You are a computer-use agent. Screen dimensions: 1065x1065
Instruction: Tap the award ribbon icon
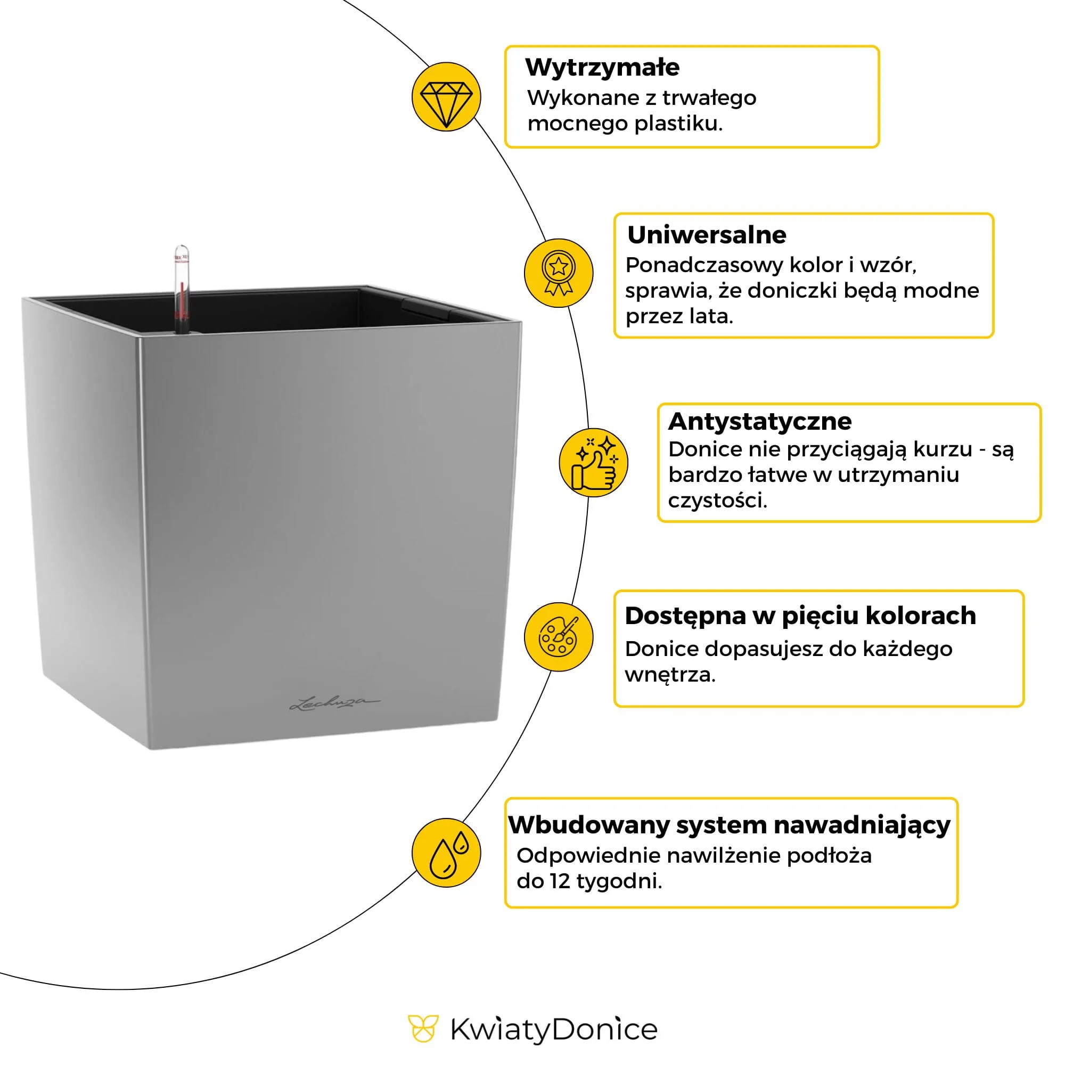point(558,273)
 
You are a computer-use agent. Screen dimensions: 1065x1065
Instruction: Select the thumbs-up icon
point(593,463)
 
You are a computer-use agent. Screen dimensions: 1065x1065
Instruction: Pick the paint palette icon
point(558,637)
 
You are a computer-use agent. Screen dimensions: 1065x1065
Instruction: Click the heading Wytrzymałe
point(602,68)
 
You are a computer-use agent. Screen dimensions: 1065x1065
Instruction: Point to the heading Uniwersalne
point(706,235)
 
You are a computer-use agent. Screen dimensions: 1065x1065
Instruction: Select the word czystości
point(717,501)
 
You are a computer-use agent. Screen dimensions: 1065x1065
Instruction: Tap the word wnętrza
point(670,675)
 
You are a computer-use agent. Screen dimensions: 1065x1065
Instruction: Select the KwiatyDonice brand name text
point(553,1030)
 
